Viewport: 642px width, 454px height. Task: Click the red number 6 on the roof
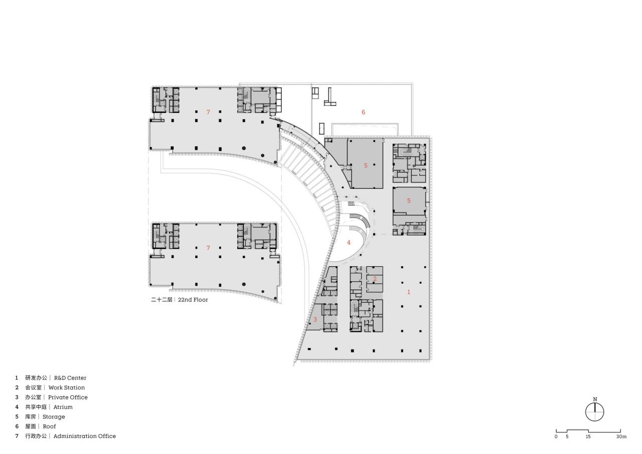point(363,112)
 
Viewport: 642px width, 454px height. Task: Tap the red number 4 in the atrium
point(349,243)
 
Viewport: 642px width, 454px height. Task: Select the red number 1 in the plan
point(408,292)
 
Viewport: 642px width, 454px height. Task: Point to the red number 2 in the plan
point(374,279)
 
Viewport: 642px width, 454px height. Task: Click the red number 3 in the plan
point(315,319)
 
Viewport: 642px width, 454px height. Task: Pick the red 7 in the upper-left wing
point(208,112)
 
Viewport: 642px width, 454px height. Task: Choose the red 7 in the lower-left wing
point(208,248)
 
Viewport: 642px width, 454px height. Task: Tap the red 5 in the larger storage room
point(366,166)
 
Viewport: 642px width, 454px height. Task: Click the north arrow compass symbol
point(595,412)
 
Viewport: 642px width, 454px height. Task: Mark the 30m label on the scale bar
point(621,437)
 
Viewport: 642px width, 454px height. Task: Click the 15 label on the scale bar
point(588,437)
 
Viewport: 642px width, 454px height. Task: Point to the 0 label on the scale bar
point(556,437)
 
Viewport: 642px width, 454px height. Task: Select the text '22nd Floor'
point(193,300)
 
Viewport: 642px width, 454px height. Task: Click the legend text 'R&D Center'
point(70,378)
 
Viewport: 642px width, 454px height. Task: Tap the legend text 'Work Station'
point(66,388)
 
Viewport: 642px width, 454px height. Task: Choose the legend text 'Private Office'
point(68,397)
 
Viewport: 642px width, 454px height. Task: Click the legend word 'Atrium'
point(63,407)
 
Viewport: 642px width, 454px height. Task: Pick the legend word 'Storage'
point(54,417)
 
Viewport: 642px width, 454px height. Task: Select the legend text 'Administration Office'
point(84,436)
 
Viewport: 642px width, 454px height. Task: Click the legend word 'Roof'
point(49,426)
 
